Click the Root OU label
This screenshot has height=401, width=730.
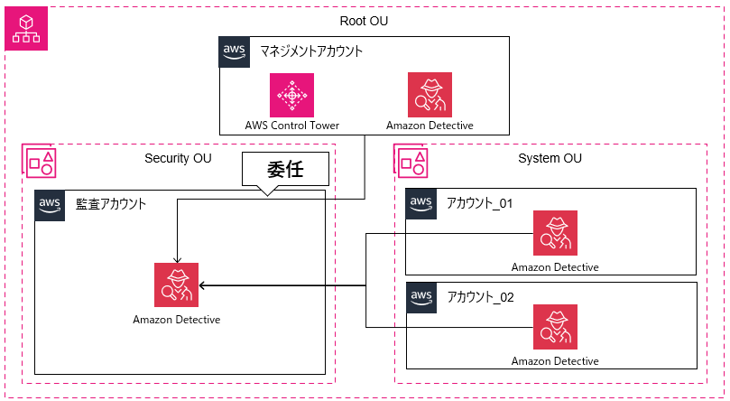364,21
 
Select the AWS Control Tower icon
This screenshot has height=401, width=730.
291,95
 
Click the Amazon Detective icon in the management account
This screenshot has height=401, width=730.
430,95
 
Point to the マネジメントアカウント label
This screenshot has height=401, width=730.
311,51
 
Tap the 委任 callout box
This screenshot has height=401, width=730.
283,170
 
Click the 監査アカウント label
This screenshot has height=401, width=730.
111,204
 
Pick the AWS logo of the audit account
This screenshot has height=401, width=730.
50,205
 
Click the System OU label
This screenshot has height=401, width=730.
550,159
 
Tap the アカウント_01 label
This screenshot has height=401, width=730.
479,203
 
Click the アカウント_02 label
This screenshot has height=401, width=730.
479,296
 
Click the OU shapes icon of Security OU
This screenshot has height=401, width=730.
41,161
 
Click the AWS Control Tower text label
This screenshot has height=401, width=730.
291,125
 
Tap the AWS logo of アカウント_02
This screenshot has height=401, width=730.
421,297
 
